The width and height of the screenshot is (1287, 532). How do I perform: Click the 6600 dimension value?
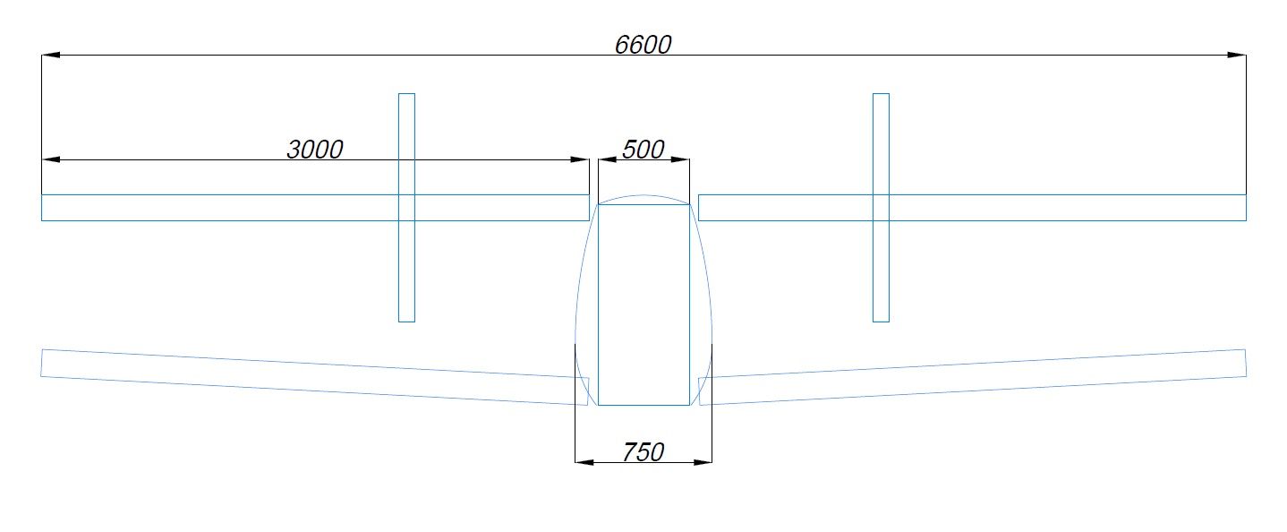coord(643,45)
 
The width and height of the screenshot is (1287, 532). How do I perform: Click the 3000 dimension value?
coord(315,150)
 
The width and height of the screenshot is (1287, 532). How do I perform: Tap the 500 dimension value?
coord(643,150)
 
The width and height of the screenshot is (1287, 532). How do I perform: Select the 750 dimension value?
coord(643,452)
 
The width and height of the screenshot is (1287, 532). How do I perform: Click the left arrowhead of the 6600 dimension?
coord(50,56)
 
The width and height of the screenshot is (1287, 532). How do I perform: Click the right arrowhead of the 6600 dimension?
coord(1237,56)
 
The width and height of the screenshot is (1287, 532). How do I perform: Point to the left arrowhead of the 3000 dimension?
coord(50,159)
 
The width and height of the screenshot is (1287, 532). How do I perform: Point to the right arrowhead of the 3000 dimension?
coord(580,159)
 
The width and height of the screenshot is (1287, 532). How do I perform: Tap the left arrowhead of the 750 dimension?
coord(584,462)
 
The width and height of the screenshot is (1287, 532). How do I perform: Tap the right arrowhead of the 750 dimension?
coord(703,462)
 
